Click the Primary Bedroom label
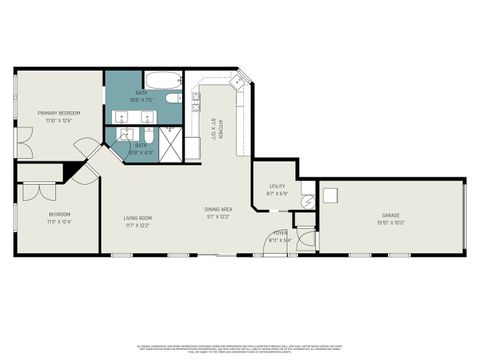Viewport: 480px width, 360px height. (60, 113)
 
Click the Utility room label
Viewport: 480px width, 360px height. (277, 187)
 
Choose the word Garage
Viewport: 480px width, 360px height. (389, 215)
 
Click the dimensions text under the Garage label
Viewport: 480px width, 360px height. (389, 223)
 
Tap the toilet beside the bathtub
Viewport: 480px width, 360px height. (173, 98)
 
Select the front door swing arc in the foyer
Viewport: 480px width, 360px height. (305, 240)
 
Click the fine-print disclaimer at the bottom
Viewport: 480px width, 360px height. (240, 346)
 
